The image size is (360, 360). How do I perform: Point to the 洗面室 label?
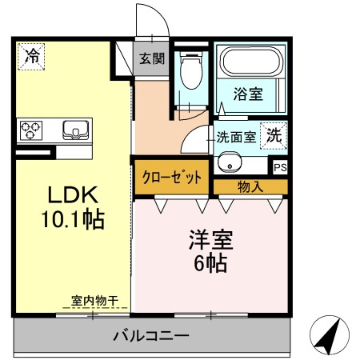(x=237, y=137)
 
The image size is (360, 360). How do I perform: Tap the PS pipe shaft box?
(x=279, y=167)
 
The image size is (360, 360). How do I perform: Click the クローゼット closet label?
(x=172, y=177)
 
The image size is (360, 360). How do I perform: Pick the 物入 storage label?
(x=250, y=186)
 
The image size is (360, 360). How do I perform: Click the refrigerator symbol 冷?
(x=32, y=55)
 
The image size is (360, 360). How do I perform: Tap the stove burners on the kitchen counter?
(x=30, y=128)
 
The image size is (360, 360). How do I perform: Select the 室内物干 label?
(x=94, y=301)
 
